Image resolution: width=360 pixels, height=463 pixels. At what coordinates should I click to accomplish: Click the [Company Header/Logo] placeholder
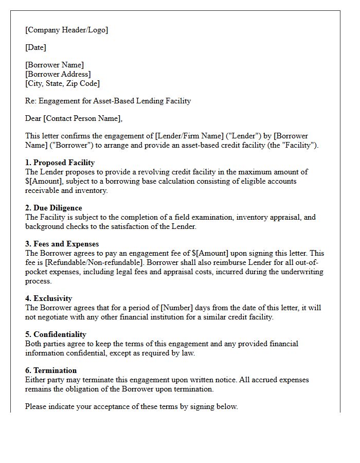(67, 30)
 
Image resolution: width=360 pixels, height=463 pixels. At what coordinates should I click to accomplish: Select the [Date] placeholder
(35, 47)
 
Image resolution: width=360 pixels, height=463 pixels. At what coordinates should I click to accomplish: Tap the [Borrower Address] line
(58, 74)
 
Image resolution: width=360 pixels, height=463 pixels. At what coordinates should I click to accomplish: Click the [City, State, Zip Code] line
(62, 83)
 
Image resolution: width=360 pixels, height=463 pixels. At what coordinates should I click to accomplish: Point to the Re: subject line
(108, 101)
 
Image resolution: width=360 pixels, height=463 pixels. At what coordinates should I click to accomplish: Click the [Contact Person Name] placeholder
(82, 118)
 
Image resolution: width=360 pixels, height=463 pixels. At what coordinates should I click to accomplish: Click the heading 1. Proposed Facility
(60, 163)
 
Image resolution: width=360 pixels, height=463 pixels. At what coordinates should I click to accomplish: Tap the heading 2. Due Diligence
(53, 208)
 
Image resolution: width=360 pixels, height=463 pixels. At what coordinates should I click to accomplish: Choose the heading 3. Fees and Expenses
(62, 244)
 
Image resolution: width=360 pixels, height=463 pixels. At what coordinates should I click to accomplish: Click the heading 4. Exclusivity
(49, 298)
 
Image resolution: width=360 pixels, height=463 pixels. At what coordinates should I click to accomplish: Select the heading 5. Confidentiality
(56, 334)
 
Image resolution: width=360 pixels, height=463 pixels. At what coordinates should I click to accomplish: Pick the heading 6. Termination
(51, 370)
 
